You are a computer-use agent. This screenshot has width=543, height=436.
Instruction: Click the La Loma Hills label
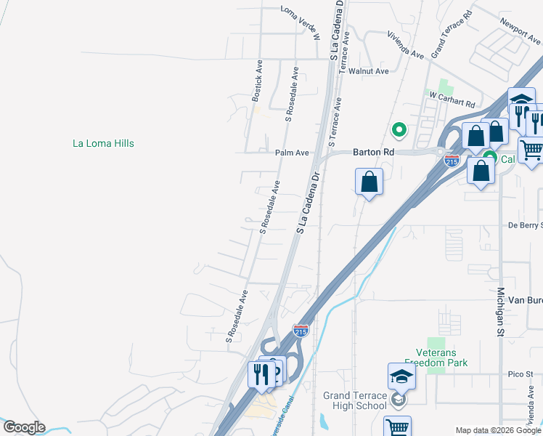(x=103, y=143)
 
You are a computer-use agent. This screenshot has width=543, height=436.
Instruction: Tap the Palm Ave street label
(x=292, y=153)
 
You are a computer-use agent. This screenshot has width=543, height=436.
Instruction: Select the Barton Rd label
(x=373, y=153)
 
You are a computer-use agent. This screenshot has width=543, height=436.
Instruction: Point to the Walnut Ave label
(x=368, y=71)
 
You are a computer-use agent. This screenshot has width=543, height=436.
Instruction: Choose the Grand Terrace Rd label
(x=452, y=34)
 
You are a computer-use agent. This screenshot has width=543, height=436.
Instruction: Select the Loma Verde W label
(x=301, y=11)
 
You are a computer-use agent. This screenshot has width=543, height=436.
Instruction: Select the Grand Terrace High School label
(x=356, y=400)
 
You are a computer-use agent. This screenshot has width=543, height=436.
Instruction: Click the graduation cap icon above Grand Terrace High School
(x=401, y=377)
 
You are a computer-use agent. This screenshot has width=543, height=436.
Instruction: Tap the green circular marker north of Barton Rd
(x=398, y=130)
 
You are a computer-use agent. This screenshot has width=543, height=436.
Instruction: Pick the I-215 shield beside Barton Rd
(x=452, y=160)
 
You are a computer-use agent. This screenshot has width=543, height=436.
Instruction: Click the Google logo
(x=24, y=427)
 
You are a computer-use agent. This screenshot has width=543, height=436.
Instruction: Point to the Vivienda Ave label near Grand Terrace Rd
(x=405, y=44)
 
